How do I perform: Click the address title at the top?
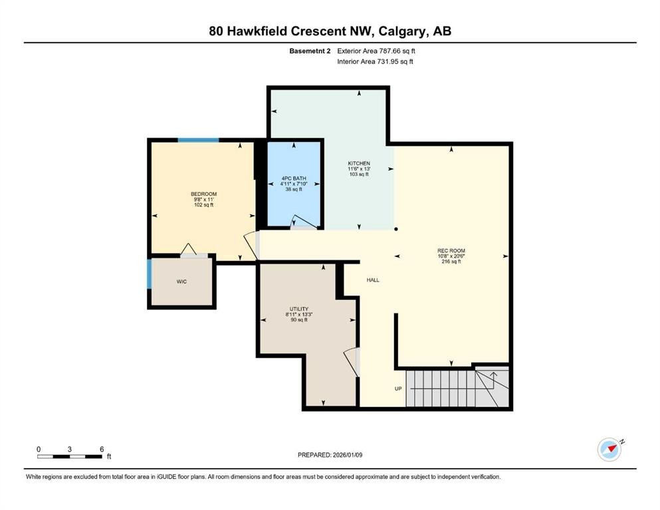[330, 31]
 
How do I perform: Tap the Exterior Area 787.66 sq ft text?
[377, 50]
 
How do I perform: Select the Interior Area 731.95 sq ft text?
[375, 62]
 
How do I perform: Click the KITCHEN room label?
[359, 163]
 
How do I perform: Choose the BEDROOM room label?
[204, 194]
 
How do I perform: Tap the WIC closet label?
[181, 282]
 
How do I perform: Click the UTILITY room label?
[298, 309]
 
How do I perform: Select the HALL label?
[373, 280]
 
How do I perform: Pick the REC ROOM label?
[451, 251]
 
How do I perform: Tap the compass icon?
[609, 450]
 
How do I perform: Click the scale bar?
[70, 456]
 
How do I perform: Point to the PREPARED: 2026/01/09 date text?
[331, 455]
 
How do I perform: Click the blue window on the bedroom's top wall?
[198, 140]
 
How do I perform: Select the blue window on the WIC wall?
[150, 274]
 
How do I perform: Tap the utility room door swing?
[352, 362]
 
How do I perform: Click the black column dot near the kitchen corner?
[396, 230]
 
